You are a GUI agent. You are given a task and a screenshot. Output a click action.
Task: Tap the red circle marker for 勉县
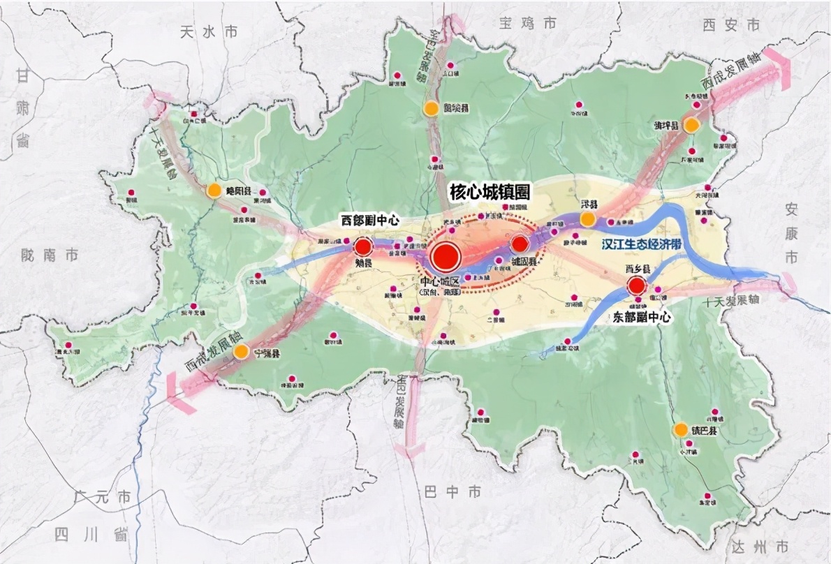[x=362, y=247]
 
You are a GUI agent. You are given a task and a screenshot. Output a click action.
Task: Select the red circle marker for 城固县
[x=520, y=244]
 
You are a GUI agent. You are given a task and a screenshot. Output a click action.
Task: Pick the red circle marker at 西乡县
[x=636, y=285]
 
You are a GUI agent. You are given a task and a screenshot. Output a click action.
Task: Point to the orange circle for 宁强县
[x=241, y=351]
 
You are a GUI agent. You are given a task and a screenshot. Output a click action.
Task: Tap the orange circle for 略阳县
[x=214, y=190]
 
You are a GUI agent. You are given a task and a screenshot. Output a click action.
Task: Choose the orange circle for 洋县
[x=588, y=219]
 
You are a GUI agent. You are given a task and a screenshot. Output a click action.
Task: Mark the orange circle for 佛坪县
[x=691, y=126]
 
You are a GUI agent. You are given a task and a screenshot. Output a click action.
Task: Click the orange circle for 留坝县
[x=431, y=108]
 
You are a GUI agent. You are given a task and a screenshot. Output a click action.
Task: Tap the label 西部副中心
[x=369, y=221]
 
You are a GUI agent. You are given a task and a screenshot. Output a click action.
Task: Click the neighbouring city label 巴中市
[x=453, y=492]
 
